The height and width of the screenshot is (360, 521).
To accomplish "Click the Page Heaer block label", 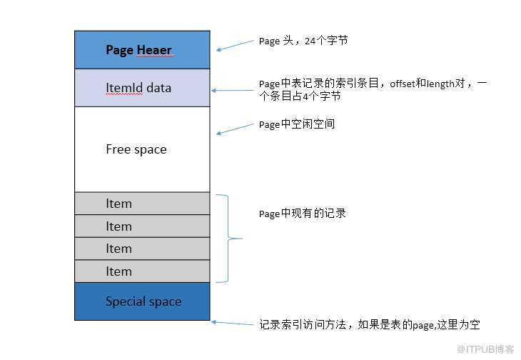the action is click(138, 50).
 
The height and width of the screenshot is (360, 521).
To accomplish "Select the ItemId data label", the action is click(138, 88).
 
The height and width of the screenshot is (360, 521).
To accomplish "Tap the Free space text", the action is click(136, 149).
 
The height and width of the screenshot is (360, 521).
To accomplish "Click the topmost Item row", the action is click(142, 204).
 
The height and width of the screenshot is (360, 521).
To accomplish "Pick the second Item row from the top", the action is click(142, 226).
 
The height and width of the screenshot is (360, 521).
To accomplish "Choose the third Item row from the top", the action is click(142, 249).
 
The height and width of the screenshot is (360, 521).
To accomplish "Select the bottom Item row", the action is click(142, 271).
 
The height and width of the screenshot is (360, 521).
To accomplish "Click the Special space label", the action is click(143, 301).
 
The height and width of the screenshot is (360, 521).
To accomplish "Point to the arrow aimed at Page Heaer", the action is click(235, 46).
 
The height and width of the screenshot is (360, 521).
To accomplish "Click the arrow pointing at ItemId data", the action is click(233, 90).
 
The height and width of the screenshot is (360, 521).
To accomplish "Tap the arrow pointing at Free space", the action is click(235, 129).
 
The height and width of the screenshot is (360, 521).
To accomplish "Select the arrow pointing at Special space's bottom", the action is click(232, 323).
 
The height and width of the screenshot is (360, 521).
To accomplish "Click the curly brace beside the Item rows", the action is click(228, 239).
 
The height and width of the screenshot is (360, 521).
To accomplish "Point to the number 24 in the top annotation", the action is click(310, 41).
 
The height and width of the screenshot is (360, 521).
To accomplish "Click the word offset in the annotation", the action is click(403, 84).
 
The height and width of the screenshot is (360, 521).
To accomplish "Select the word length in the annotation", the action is click(440, 84).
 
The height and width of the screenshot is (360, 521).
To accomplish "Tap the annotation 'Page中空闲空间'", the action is click(297, 124).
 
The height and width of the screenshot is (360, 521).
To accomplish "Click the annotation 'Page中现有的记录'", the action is click(303, 214).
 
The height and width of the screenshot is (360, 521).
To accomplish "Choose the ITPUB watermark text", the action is click(485, 349).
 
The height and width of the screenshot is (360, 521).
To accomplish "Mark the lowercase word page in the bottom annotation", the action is click(423, 326).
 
